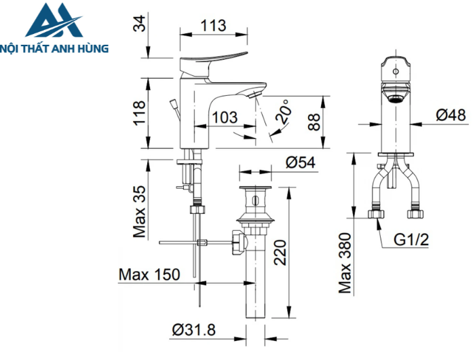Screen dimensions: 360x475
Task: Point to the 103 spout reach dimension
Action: pos(224,117)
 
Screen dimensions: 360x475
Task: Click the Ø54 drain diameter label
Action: pos(302,162)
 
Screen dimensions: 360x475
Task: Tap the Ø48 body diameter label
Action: pos(451,115)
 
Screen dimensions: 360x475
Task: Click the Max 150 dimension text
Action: pos(149,274)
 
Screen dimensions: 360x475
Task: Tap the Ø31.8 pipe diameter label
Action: pos(194,330)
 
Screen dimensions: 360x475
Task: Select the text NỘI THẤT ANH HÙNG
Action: pos(58,50)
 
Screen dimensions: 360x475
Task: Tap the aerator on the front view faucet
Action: pos(396,94)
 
